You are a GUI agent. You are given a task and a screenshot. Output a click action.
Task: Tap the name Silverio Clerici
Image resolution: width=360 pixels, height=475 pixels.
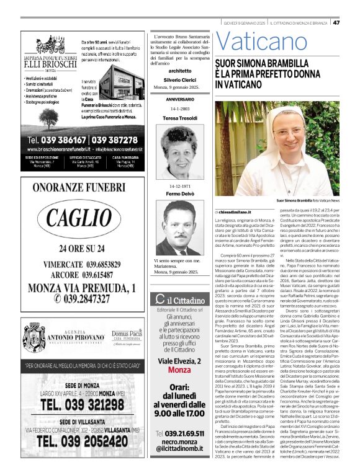coord(179,81)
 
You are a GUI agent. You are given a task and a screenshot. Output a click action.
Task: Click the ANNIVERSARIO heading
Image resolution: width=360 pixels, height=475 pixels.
coord(180,99)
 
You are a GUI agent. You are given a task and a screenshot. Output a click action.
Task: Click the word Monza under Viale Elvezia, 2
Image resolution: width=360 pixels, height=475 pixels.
coord(180,352)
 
